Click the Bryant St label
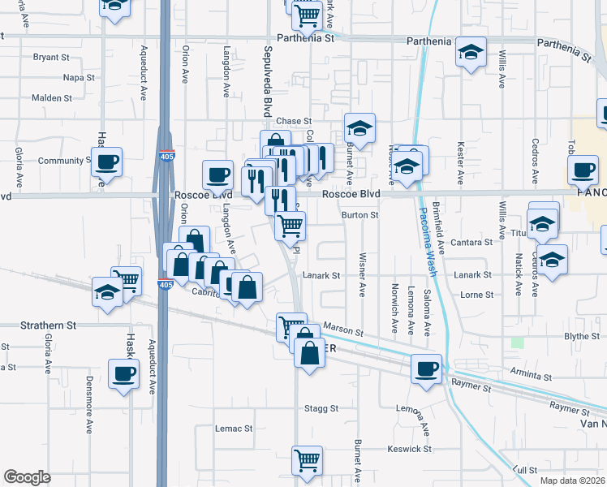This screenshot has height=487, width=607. [x=51, y=57]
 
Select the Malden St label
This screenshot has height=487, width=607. [x=52, y=98]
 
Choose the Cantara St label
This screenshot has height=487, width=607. [x=473, y=242]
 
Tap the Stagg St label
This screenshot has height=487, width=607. [x=321, y=408]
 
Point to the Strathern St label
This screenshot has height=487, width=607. [x=48, y=325]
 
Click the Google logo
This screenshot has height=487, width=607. [x=27, y=477]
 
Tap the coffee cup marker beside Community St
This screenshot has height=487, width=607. [x=106, y=161]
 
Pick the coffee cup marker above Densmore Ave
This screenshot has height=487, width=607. [x=123, y=373]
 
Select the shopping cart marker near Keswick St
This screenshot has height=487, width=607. [x=308, y=460]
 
